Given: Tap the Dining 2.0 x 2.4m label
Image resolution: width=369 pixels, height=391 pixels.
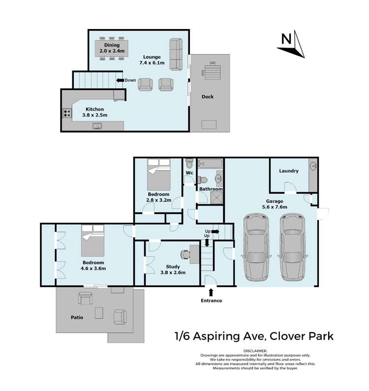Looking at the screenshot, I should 109,48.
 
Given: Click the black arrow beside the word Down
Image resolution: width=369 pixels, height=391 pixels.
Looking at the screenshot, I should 119,80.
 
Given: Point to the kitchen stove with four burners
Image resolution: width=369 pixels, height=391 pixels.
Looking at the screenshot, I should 66,113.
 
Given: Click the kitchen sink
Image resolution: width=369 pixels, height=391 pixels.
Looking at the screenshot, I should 97,126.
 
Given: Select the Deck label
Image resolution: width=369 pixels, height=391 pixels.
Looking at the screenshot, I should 208,97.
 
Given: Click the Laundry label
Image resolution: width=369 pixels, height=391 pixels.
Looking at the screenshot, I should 288,171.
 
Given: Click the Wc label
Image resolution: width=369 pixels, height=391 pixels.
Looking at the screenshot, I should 189,173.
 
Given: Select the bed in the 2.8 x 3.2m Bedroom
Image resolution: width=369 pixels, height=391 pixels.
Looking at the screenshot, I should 158,175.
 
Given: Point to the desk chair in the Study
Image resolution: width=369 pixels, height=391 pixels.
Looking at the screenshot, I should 185,254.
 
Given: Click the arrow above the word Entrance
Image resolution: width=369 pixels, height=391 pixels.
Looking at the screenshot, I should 211,293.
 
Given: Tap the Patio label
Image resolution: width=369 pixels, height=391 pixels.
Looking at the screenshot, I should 76,318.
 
